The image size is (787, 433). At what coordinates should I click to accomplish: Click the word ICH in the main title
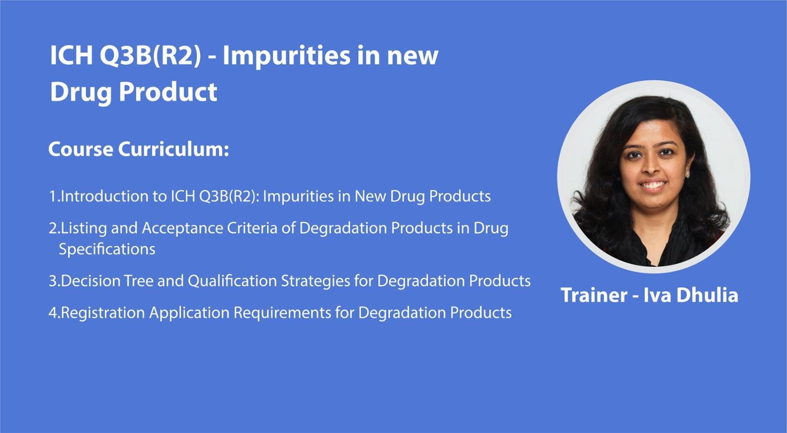coord(71,55)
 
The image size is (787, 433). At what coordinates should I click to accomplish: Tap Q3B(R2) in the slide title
coord(151,56)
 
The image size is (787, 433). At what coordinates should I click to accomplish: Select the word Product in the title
coord(168,92)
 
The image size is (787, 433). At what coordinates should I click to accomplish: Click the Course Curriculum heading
coord(139,149)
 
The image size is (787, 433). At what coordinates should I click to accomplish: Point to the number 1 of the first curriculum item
coord(52,196)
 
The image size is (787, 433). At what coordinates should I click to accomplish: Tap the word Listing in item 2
coord(84,228)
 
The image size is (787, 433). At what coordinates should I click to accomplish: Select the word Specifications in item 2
coord(107,249)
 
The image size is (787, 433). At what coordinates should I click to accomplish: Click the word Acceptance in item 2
coord(182,228)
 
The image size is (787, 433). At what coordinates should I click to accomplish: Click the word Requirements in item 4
coord(282,313)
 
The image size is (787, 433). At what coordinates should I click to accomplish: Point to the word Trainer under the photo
coord(594,295)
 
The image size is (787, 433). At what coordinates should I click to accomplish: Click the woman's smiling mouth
coord(652,185)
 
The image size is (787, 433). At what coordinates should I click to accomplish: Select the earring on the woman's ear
coord(687,175)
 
